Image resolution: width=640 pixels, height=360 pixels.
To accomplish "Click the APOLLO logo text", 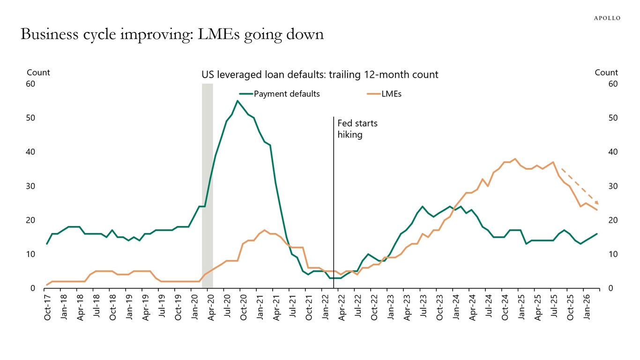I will (x=607, y=18).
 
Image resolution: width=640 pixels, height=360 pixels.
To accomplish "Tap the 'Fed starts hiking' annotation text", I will (x=357, y=129).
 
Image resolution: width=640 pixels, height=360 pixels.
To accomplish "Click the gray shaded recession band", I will (x=207, y=187).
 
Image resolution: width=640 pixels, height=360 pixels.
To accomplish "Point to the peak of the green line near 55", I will (x=238, y=101).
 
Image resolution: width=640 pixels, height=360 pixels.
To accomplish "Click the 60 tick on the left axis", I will (x=31, y=84).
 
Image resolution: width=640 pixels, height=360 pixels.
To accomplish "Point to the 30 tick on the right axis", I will (x=613, y=186).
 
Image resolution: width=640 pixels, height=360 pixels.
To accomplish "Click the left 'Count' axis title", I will (x=38, y=73).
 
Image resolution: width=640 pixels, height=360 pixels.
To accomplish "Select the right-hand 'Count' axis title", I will (x=606, y=73).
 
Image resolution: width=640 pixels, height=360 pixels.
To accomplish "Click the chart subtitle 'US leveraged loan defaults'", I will (x=320, y=75).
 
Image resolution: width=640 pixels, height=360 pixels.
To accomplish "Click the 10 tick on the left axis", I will (x=31, y=254).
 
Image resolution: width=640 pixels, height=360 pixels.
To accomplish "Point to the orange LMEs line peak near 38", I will (x=515, y=159).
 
